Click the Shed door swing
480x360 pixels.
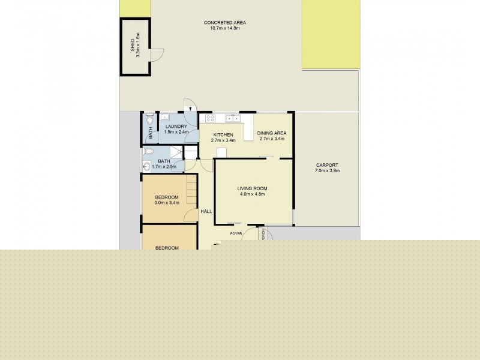click(x=156, y=54)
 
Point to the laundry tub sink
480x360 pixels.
click(x=164, y=117)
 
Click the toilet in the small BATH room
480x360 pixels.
click(x=150, y=120)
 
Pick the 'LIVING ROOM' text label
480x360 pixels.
click(x=252, y=188)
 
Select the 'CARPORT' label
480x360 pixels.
click(x=327, y=165)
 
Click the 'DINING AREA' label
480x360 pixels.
click(x=271, y=133)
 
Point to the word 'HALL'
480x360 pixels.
click(x=206, y=211)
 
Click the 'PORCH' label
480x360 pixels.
click(x=263, y=235)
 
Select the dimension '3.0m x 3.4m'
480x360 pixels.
click(x=167, y=203)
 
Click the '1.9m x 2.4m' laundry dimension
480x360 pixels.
click(x=176, y=132)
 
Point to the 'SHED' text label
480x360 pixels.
click(x=133, y=46)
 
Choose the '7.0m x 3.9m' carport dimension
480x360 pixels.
click(x=327, y=171)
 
